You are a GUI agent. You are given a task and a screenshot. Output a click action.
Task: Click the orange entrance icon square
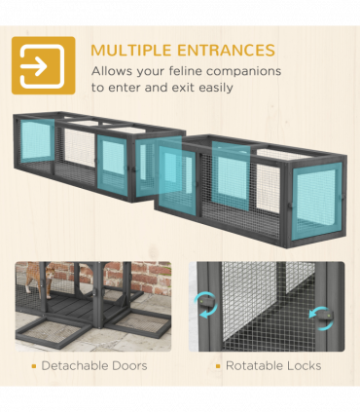tap(44, 65)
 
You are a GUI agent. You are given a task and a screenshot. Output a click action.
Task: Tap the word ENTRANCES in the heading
tap(227, 51)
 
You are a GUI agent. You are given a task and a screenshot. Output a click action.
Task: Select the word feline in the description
tap(186, 71)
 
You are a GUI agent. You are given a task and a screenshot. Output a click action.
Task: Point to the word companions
tap(244, 72)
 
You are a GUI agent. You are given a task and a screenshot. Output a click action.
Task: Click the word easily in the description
tap(216, 88)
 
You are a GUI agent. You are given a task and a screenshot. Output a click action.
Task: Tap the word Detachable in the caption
tap(69, 366)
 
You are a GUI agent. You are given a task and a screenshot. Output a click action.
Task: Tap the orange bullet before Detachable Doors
tap(34, 366)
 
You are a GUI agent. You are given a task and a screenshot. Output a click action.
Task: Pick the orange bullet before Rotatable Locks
tap(218, 366)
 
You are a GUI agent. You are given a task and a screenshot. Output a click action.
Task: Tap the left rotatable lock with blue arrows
tap(206, 304)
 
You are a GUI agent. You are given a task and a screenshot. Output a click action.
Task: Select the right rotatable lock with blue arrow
tap(325, 317)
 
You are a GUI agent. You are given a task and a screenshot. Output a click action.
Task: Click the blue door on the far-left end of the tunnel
tap(38, 140)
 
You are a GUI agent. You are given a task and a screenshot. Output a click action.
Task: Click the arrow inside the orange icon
tap(34, 66)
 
